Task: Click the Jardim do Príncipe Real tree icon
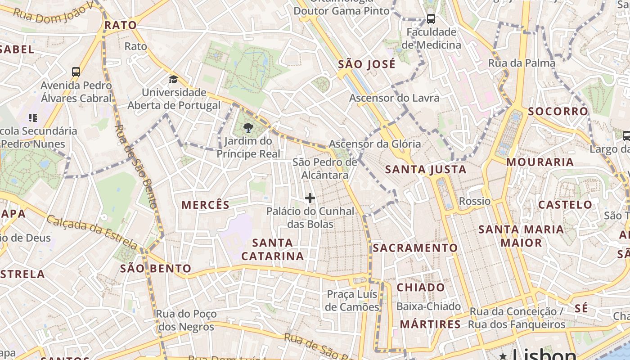pos(247,128)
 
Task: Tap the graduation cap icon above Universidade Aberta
pos(173,80)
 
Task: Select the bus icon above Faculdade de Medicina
pos(431,19)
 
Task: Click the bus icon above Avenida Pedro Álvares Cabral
pos(76,72)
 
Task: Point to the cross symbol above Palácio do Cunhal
pos(310,198)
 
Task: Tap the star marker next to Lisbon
pos(503,356)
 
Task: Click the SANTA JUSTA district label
pos(426,170)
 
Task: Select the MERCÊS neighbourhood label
pos(206,205)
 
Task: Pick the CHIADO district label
pos(421,288)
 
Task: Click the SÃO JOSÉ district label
pos(367,64)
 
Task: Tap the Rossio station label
pos(474,201)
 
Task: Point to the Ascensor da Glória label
pos(375,144)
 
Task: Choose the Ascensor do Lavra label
pos(394,98)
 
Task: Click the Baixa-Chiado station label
pos(428,306)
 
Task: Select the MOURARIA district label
pos(540,162)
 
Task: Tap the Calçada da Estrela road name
pos(92,232)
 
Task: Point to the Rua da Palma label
pos(522,63)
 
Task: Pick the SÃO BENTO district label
pos(156,269)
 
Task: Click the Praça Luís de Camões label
pos(353,301)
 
